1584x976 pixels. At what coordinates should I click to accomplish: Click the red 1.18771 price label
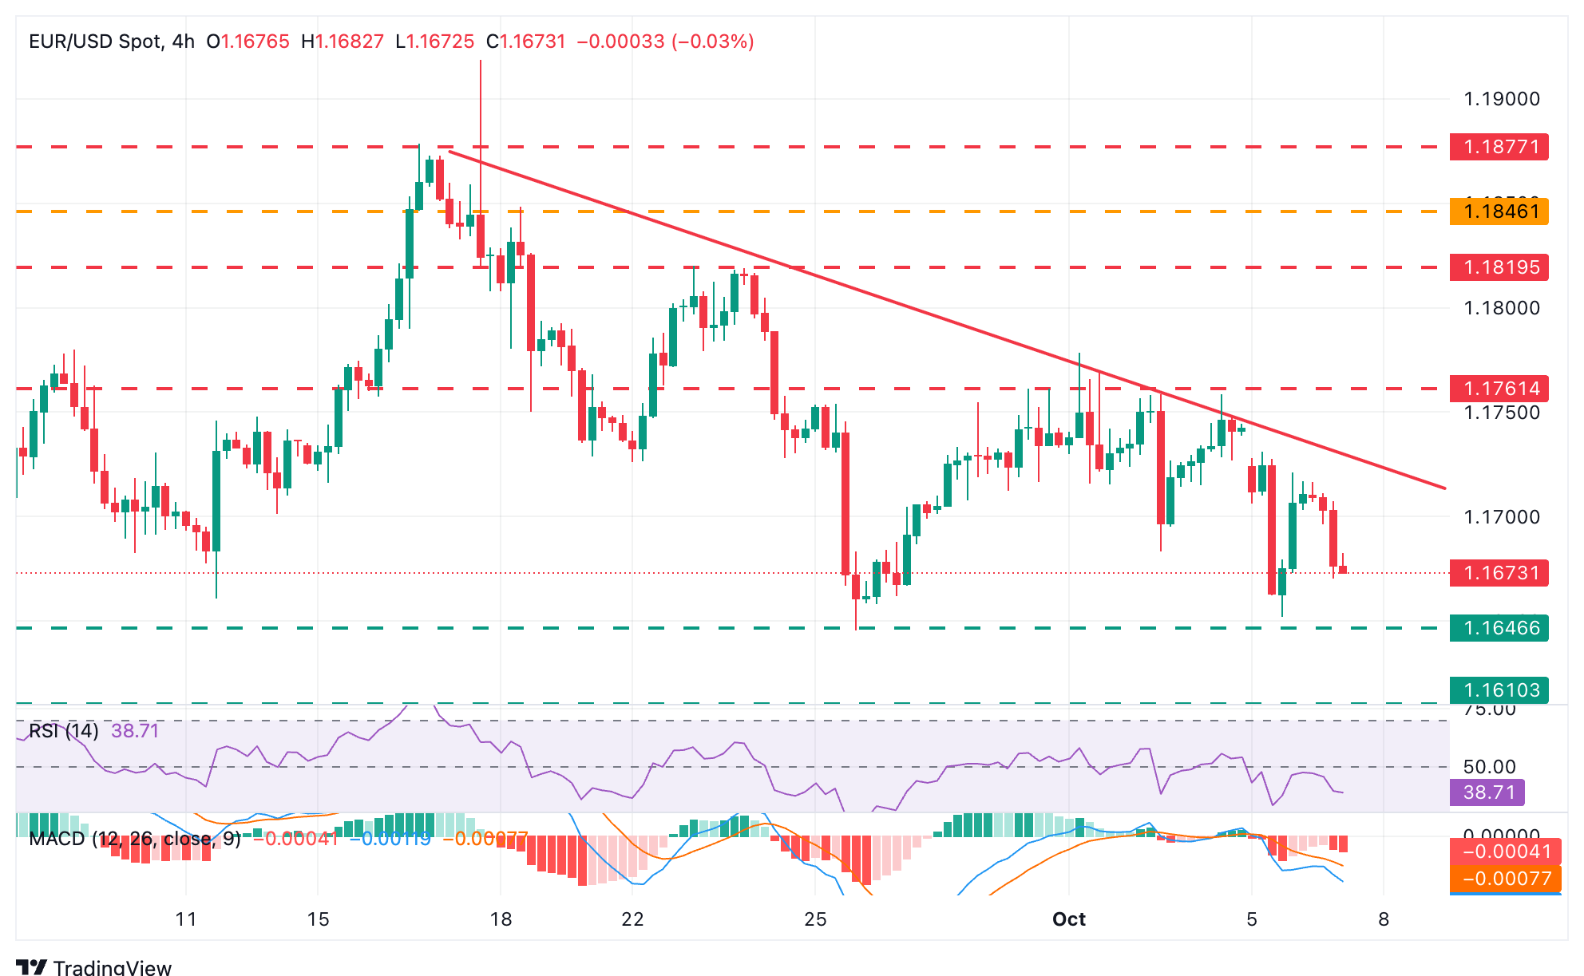point(1499,147)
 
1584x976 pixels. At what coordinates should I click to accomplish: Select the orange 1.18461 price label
point(1499,211)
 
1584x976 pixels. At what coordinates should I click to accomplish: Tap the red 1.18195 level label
point(1499,267)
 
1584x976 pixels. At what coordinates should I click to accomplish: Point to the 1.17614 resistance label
point(1499,389)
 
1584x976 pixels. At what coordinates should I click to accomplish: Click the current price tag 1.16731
point(1499,573)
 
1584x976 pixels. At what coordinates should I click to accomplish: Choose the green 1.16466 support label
point(1499,628)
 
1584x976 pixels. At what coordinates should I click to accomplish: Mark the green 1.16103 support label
point(1499,690)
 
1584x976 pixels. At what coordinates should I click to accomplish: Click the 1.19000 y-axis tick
point(1501,99)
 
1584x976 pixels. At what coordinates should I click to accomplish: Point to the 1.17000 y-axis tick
point(1501,517)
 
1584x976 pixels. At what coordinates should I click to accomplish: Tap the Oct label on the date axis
point(1068,919)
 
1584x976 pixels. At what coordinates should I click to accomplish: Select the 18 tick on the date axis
point(501,919)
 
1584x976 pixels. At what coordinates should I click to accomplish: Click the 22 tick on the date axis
point(632,919)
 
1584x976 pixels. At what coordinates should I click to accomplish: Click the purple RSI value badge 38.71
point(1488,792)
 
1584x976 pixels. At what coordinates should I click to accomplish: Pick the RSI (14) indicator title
point(64,731)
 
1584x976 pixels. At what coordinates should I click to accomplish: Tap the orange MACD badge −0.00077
point(1500,879)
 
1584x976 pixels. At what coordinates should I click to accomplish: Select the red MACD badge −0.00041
point(1500,852)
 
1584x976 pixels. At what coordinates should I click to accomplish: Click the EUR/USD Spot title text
point(95,41)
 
